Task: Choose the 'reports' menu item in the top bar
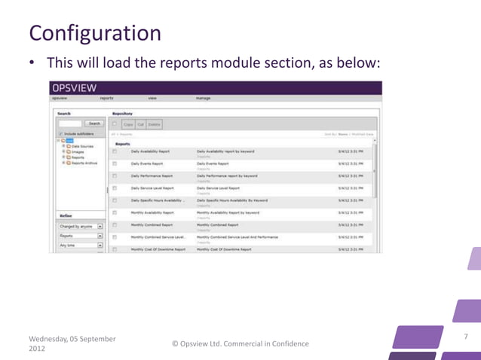point(106,98)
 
